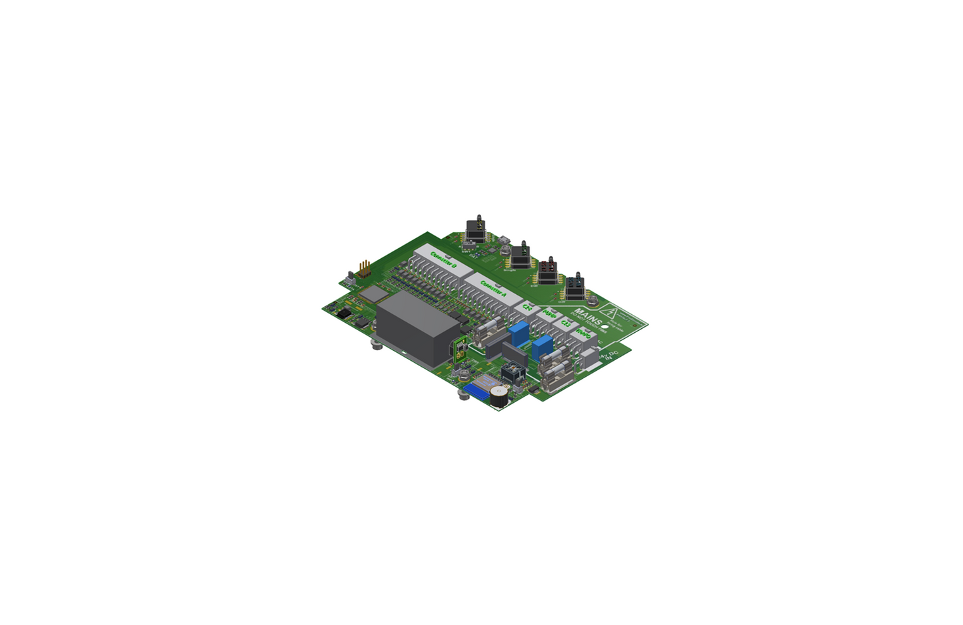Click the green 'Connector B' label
tap(443, 259)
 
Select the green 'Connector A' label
tap(493, 289)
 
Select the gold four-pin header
tap(364, 269)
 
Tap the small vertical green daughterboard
tap(459, 350)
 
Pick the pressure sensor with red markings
tap(548, 271)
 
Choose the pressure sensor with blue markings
tap(576, 286)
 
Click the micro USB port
tap(506, 240)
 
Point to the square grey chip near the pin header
tap(374, 293)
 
